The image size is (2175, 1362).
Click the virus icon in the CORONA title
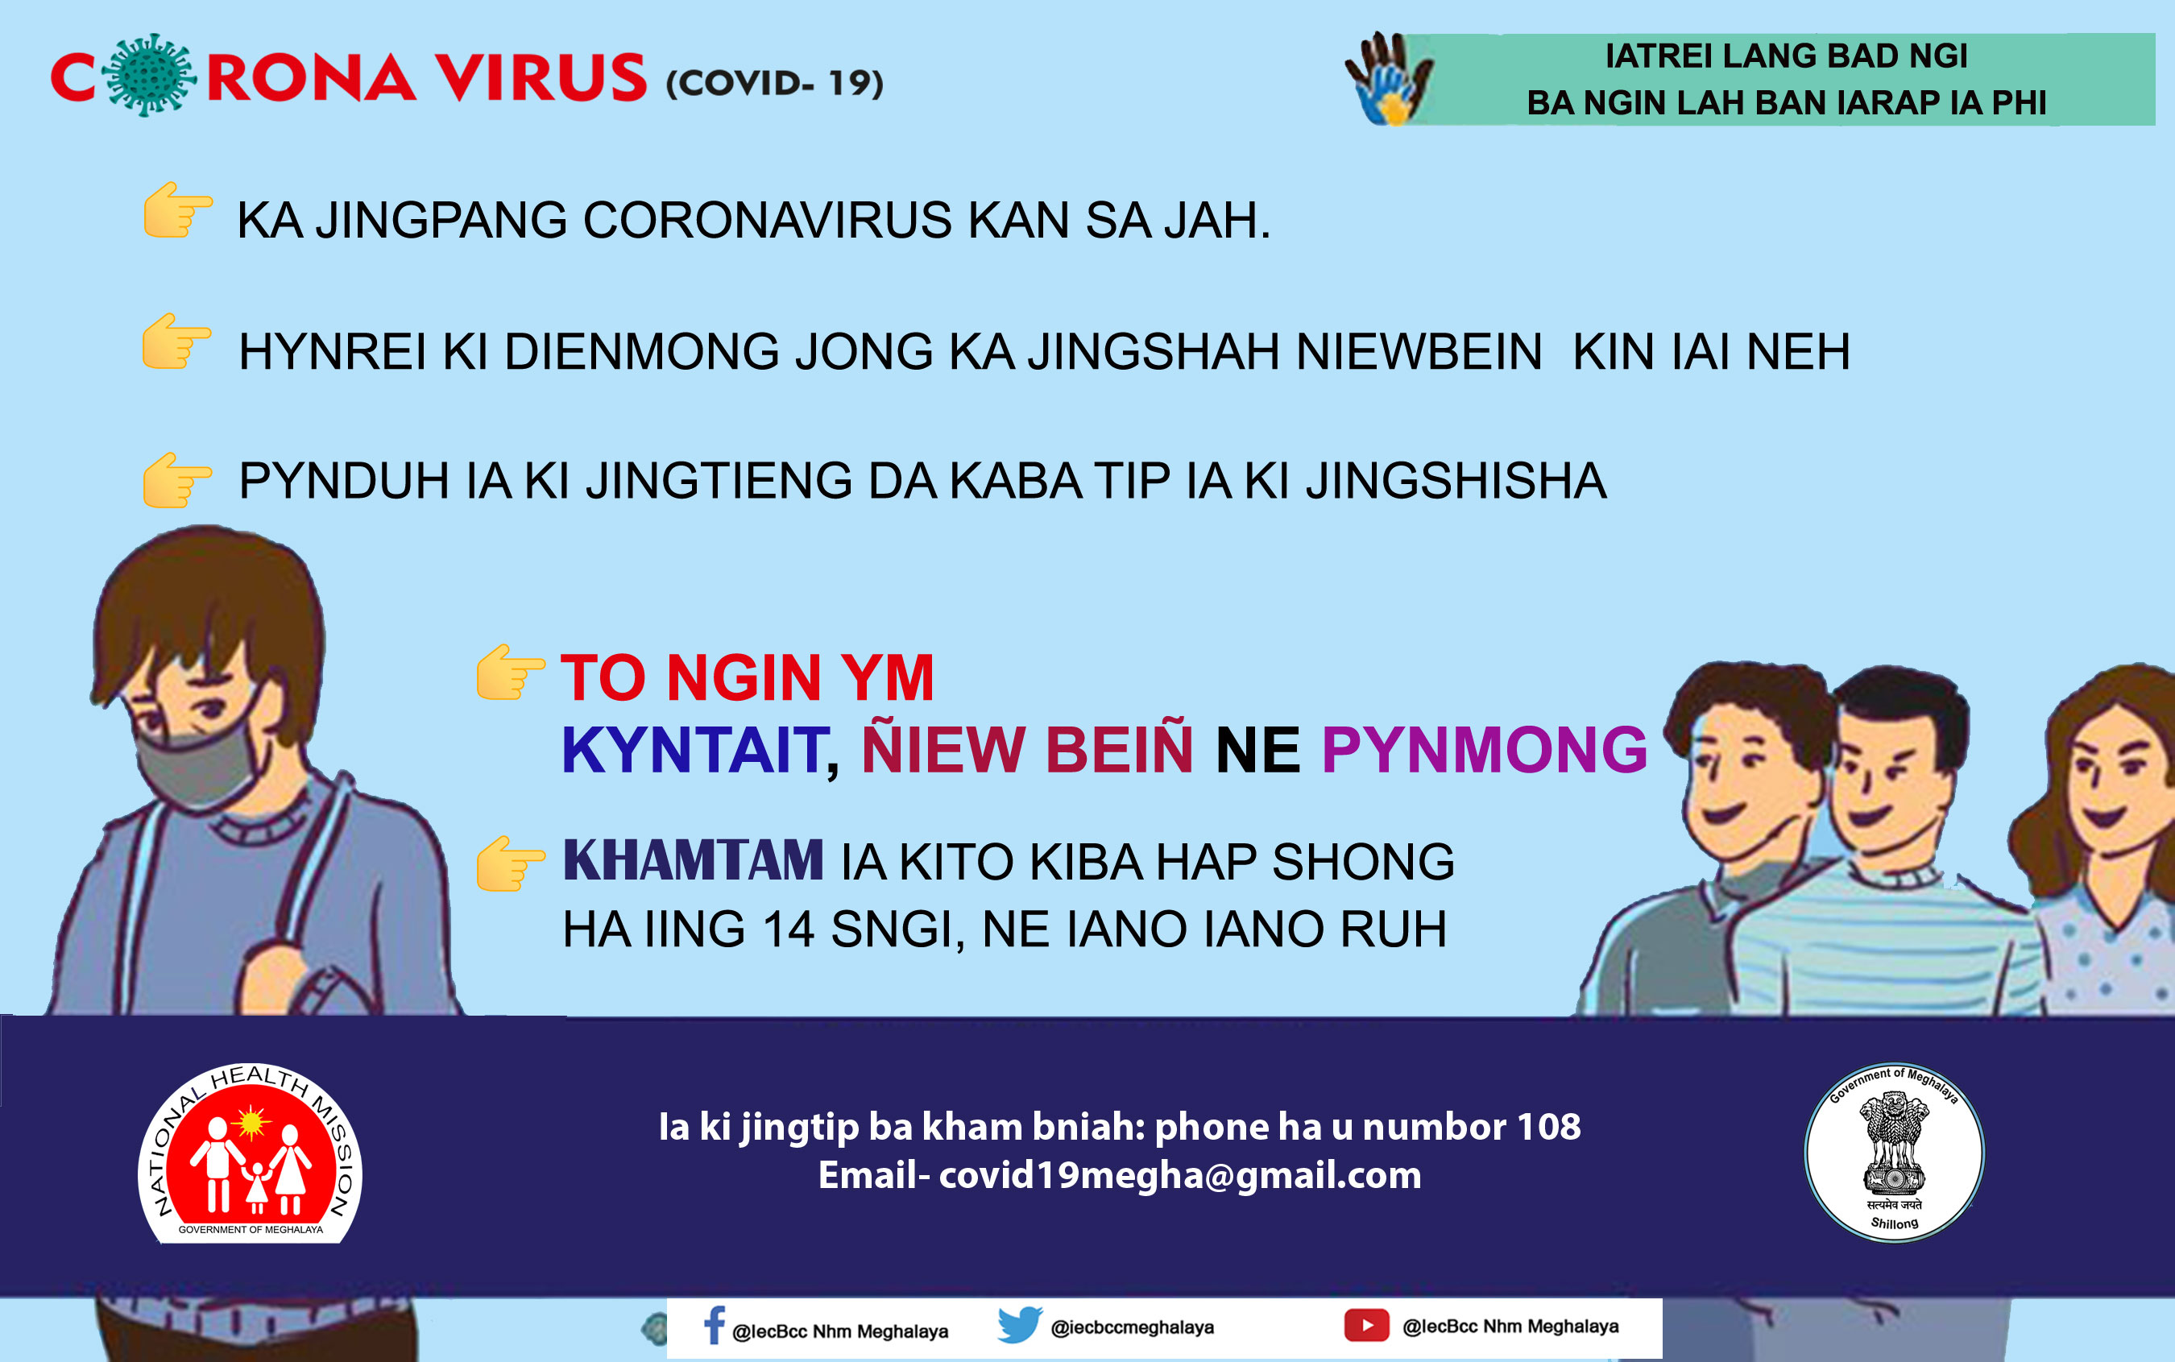click(151, 76)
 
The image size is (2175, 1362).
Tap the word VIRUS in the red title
click(541, 77)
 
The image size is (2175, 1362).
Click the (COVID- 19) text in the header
click(775, 83)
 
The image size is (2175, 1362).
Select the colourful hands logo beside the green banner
click(1389, 79)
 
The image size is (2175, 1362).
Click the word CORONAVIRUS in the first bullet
click(768, 221)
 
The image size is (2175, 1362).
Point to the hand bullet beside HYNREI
click(176, 342)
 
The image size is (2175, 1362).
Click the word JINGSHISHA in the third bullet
click(1456, 481)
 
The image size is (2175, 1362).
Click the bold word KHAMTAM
click(693, 861)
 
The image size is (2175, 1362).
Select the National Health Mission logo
click(250, 1153)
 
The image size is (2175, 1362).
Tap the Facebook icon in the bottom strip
click(714, 1326)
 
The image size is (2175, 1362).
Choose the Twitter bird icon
click(1020, 1325)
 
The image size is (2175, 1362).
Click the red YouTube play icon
click(1367, 1325)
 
